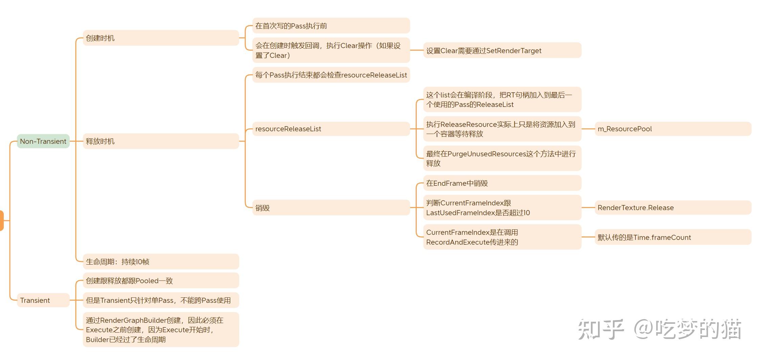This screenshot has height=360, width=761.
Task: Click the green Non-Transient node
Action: click(43, 141)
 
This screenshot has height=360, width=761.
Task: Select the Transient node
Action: click(43, 300)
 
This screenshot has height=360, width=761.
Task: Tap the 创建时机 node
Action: click(161, 38)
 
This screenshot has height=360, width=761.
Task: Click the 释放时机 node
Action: click(161, 141)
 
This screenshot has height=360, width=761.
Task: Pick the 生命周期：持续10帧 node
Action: click(161, 262)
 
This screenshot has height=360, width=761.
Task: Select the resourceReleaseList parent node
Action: click(331, 129)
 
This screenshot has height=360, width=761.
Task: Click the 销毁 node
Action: click(331, 208)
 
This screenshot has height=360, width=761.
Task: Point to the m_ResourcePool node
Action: click(673, 129)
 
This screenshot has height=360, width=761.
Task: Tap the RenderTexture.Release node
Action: click(673, 207)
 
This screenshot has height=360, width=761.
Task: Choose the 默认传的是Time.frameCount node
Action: click(673, 237)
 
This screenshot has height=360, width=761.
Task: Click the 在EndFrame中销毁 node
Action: click(502, 183)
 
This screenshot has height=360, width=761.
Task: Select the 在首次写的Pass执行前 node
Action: click(331, 26)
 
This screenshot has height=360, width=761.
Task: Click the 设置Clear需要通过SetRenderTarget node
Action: click(502, 50)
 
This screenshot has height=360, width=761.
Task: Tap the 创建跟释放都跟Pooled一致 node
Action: click(161, 280)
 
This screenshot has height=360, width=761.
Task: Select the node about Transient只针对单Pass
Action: click(161, 300)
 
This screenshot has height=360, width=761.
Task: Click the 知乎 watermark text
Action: click(601, 329)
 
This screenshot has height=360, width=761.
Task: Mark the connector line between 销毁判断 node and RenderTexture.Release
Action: click(588, 207)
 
